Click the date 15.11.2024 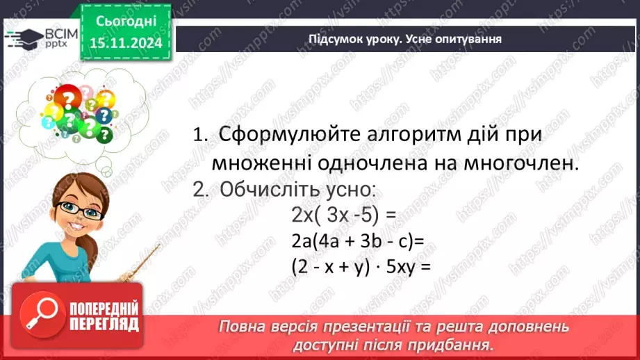click(126, 43)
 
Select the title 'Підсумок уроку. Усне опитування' click(405, 39)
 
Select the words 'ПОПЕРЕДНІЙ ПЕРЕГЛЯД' click(104, 316)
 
